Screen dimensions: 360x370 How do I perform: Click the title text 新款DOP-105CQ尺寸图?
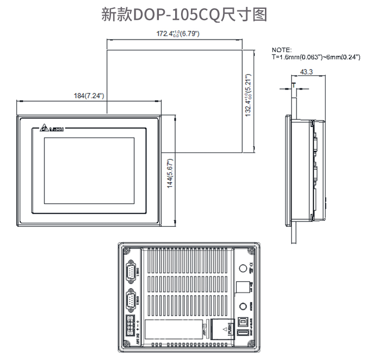click(184, 14)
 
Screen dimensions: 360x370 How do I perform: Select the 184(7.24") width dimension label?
click(88, 95)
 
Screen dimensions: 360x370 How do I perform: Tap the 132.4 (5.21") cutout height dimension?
click(249, 96)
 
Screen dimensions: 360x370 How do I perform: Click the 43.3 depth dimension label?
click(305, 72)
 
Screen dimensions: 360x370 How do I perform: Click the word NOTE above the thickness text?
click(282, 50)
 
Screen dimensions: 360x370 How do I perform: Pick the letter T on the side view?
click(294, 85)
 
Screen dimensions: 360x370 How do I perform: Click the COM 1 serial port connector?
click(131, 272)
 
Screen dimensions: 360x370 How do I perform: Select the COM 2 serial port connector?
click(131, 300)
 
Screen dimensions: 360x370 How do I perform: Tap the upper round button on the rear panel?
click(242, 269)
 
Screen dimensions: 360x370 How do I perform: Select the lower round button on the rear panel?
click(242, 307)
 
